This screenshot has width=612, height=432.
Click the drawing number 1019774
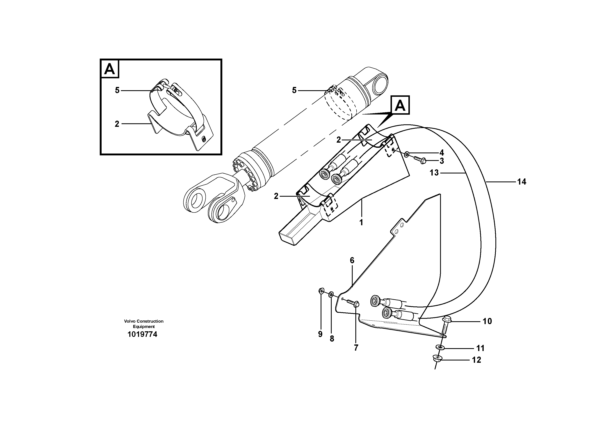142,334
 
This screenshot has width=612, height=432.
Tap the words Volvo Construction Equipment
144,324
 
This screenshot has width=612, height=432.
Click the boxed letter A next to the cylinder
400,105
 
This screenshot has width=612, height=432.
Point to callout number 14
522,182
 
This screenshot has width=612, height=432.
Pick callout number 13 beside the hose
434,173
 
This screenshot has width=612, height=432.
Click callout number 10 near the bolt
487,321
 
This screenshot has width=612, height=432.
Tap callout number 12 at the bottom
476,360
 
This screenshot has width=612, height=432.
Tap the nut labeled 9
321,290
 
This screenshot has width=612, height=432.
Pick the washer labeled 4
407,154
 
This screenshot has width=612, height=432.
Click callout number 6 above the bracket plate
352,260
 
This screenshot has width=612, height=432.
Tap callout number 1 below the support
361,222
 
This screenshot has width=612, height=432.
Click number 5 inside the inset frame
117,90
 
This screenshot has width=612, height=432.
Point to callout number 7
356,348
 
